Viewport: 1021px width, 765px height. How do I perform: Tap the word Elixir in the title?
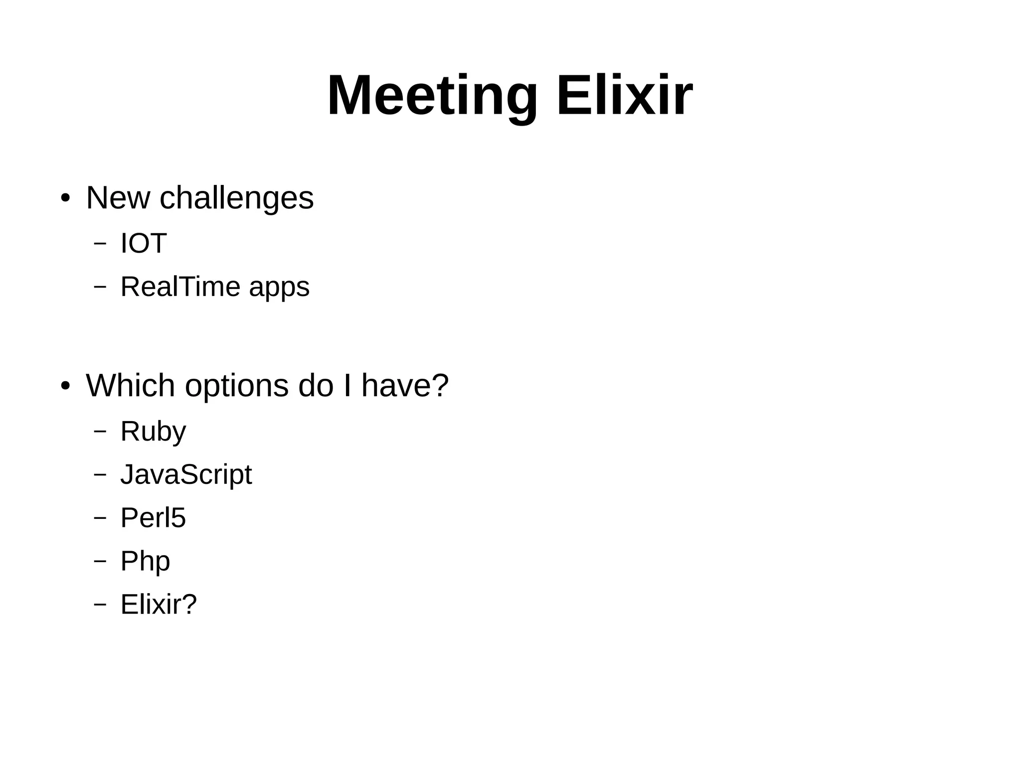point(624,96)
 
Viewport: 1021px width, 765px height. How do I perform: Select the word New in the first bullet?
point(118,198)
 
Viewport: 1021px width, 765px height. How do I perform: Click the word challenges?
point(236,199)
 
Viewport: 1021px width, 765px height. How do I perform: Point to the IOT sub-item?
point(143,244)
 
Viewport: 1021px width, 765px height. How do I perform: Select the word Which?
point(130,385)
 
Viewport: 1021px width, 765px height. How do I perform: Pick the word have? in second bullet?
point(405,385)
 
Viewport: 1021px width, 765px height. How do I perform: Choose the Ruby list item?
point(153,432)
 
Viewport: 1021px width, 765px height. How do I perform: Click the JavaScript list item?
point(186,475)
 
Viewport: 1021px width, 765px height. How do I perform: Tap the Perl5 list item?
point(153,518)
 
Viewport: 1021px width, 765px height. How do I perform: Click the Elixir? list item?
point(159,605)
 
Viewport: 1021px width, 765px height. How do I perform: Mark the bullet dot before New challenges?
point(65,199)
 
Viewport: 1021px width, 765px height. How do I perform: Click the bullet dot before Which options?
point(65,386)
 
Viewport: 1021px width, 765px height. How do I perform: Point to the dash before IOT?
point(100,243)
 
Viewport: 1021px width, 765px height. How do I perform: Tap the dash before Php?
point(100,561)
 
